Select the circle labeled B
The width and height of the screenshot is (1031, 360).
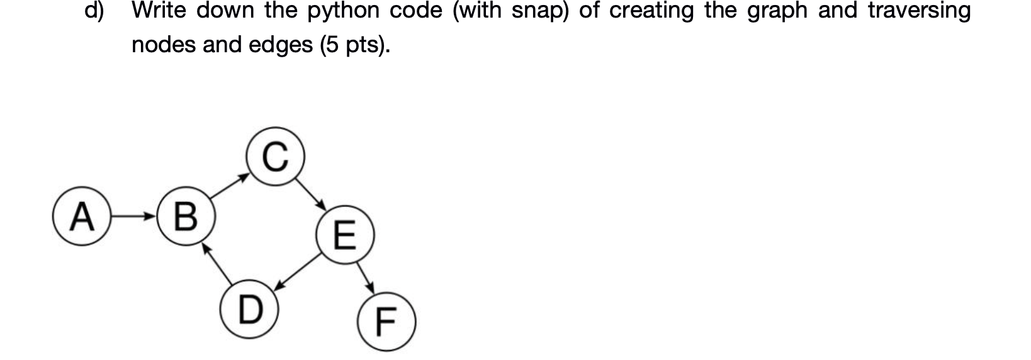(x=185, y=218)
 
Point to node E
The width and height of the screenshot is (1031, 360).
(x=345, y=237)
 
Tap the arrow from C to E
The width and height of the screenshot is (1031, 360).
(x=310, y=194)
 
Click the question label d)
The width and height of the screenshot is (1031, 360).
(x=94, y=11)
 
